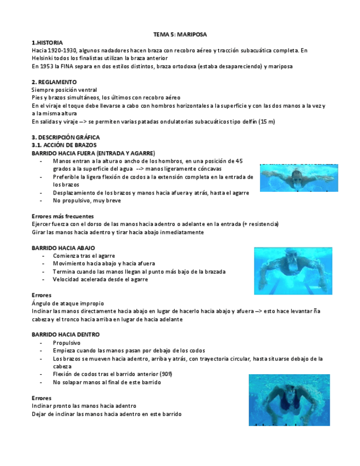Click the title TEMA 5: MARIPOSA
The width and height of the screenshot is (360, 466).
(180, 34)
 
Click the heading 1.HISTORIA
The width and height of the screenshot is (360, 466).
(47, 42)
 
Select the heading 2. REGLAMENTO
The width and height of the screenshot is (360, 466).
(54, 82)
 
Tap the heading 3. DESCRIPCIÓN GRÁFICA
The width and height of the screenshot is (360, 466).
(66, 137)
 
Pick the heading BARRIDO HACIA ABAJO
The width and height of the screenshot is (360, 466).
(63, 248)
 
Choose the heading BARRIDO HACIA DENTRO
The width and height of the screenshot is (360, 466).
(65, 334)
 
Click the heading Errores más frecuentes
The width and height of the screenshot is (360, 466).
(63, 216)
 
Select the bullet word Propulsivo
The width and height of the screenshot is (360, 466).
(67, 342)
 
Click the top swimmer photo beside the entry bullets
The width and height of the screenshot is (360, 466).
(299, 177)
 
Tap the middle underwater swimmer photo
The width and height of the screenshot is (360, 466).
(293, 270)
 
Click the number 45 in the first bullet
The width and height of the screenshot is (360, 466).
(239, 161)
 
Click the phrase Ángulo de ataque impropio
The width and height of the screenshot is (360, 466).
(68, 303)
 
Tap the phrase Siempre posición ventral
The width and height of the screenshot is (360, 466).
(64, 90)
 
